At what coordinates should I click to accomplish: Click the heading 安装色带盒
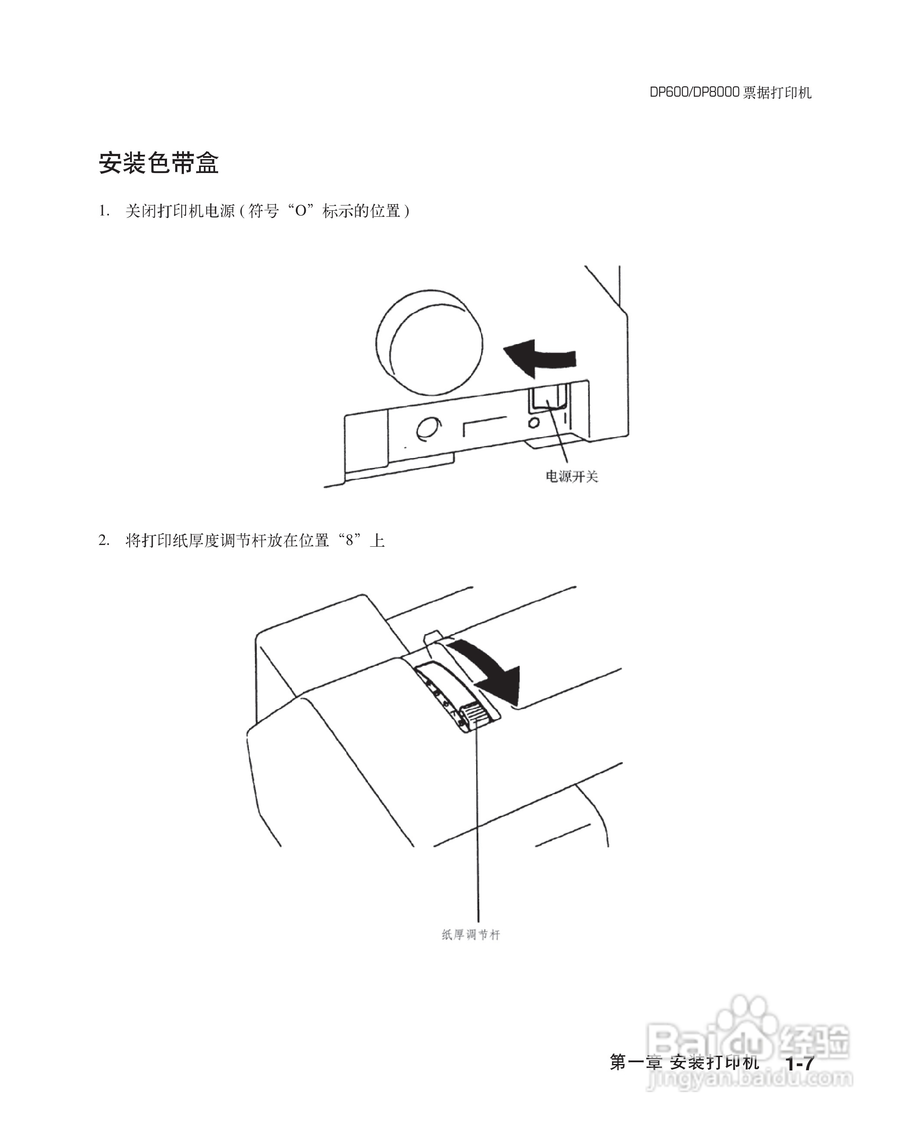pyautogui.click(x=158, y=163)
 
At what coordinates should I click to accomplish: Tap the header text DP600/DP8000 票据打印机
pyautogui.click(x=730, y=93)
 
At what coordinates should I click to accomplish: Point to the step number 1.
pyautogui.click(x=104, y=211)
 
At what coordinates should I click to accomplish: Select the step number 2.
pyautogui.click(x=104, y=540)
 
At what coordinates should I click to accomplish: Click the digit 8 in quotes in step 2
pyautogui.click(x=350, y=540)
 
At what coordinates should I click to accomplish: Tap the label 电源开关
pyautogui.click(x=572, y=476)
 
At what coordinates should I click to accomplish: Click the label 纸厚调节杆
pyautogui.click(x=471, y=935)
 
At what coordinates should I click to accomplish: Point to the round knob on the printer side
pyautogui.click(x=429, y=343)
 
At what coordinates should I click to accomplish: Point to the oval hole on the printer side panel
pyautogui.click(x=428, y=428)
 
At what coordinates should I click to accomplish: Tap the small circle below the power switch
pyautogui.click(x=534, y=422)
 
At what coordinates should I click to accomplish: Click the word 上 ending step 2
pyautogui.click(x=377, y=540)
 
